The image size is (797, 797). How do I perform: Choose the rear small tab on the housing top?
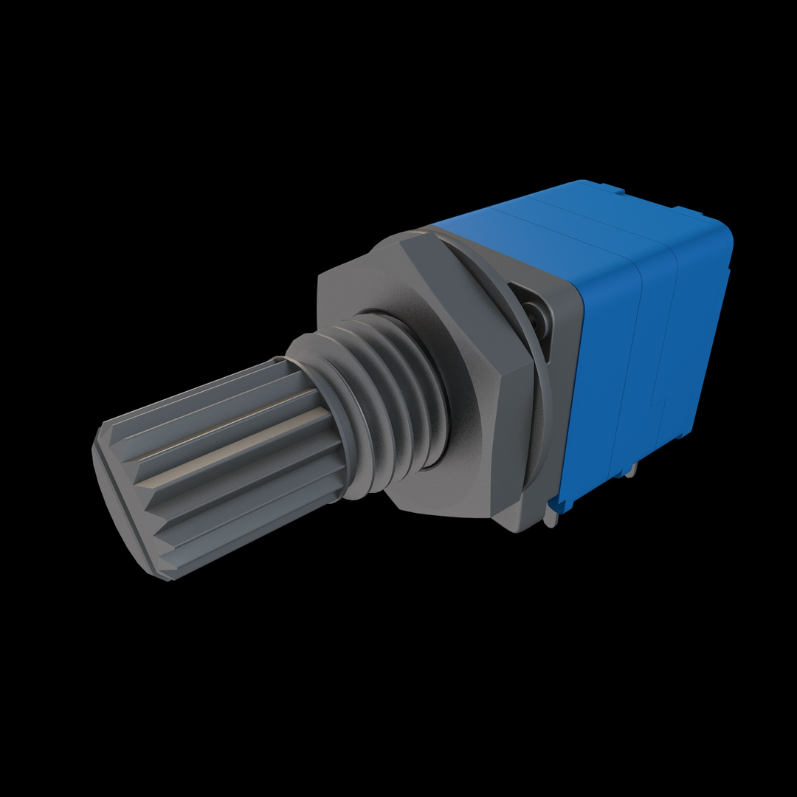[x=697, y=210]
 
